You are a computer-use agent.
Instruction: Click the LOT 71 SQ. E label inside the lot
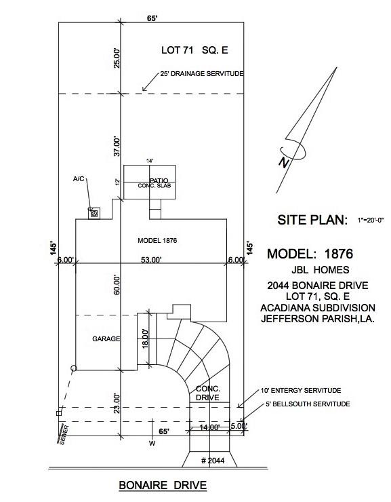[194, 50]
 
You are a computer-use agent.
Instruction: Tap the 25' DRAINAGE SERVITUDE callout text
[202, 74]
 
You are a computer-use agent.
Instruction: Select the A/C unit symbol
[94, 213]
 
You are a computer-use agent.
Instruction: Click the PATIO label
[159, 181]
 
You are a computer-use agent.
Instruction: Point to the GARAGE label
[106, 339]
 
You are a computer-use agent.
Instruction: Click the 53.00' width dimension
[151, 260]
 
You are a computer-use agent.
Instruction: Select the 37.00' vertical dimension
[117, 147]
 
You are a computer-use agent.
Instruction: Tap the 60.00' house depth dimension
[117, 285]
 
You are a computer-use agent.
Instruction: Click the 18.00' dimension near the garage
[146, 339]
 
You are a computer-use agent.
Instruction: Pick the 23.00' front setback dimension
[117, 404]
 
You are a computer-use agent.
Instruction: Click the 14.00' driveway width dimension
[209, 427]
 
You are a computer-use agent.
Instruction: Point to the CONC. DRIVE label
[208, 393]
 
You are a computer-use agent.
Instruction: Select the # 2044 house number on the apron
[213, 461]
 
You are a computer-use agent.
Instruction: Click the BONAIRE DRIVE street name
[163, 485]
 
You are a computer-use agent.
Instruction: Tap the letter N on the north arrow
[283, 162]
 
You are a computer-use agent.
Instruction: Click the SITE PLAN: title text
[312, 220]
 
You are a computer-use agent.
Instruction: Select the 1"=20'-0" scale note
[371, 220]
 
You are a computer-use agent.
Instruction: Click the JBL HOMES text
[320, 269]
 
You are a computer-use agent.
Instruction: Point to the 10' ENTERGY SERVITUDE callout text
[301, 391]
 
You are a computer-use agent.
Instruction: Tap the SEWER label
[63, 435]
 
